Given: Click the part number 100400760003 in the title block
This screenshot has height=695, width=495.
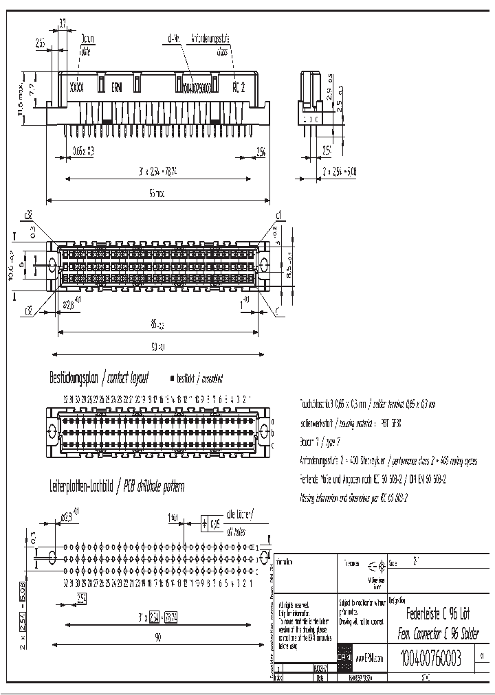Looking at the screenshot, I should click(x=430, y=659).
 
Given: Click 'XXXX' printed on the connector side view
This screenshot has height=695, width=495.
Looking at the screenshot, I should click(x=77, y=87).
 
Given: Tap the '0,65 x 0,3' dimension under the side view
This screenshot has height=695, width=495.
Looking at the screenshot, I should click(x=84, y=150).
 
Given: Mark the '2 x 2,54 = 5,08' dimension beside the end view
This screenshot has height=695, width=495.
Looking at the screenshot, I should click(x=340, y=170).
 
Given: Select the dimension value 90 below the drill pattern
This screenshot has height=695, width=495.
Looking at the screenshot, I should click(x=157, y=638).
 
